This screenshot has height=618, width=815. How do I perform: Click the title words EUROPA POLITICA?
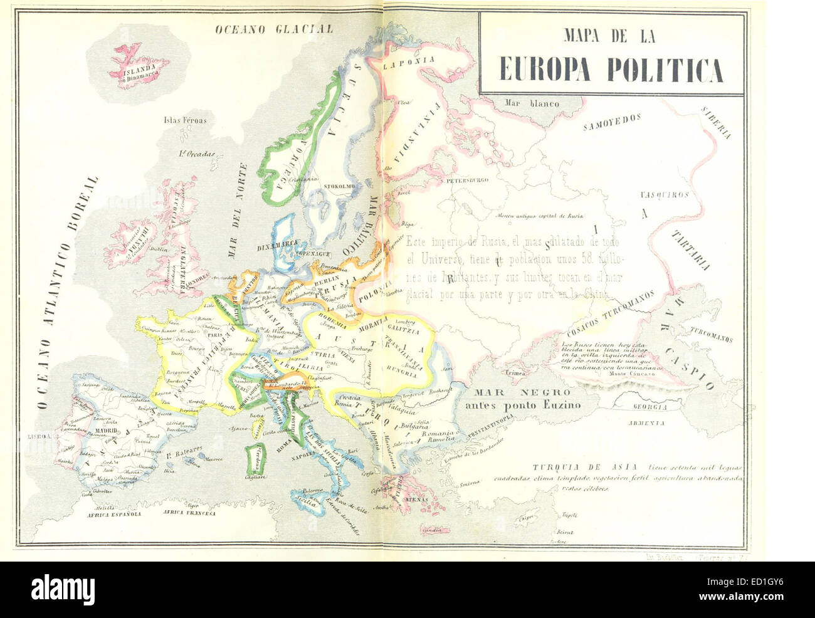[x=611, y=70]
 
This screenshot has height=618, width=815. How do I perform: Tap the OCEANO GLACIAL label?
[x=274, y=29]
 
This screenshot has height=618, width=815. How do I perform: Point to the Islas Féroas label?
[x=185, y=120]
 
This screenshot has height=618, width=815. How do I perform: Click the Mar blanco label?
[x=534, y=103]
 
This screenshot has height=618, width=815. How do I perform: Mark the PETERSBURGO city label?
[x=466, y=181]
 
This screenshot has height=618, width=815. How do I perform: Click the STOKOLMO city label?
[x=339, y=187]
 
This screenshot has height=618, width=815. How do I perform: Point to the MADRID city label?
[x=108, y=432]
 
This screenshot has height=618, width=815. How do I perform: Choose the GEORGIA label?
[x=649, y=406]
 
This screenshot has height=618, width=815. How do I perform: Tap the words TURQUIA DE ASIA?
[x=585, y=467]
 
